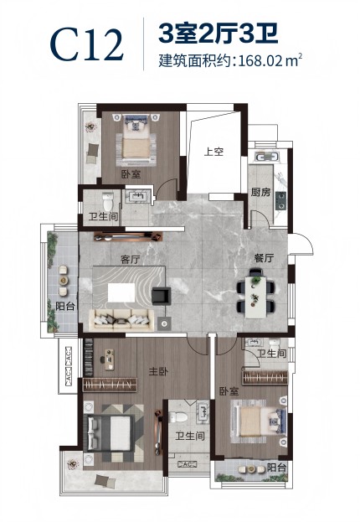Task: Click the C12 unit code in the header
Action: [x=87, y=45]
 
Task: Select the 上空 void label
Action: [x=213, y=152]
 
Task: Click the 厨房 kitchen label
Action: [x=261, y=192]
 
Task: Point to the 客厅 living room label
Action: [x=131, y=260]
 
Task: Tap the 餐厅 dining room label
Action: [x=264, y=258]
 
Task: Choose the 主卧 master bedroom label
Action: [x=158, y=371]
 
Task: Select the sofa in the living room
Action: [x=121, y=319]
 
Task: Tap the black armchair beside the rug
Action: [x=161, y=296]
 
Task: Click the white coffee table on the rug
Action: [x=121, y=292]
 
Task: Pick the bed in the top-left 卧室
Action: [x=136, y=140]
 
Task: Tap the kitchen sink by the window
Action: [x=265, y=158]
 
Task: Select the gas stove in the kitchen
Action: [x=280, y=201]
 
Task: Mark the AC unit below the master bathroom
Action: [x=188, y=464]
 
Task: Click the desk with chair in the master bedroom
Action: [x=109, y=359]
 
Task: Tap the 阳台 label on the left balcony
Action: [x=65, y=306]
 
